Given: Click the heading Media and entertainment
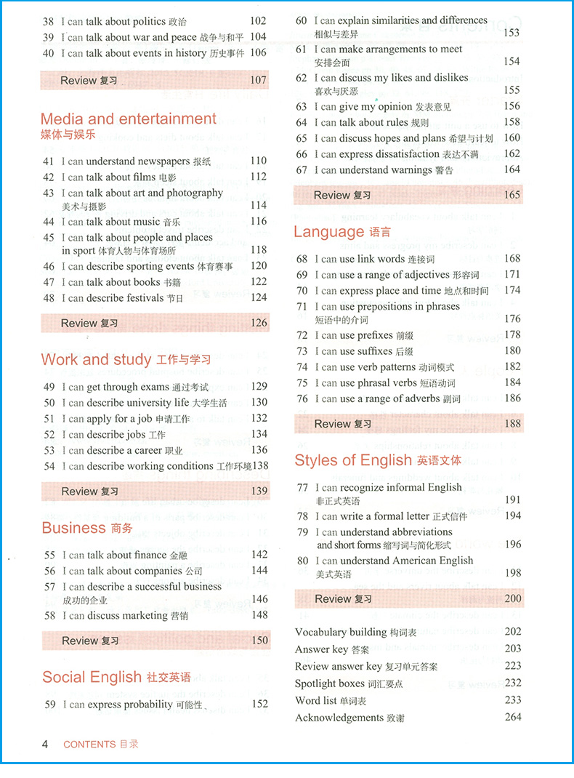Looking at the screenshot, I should [x=129, y=119].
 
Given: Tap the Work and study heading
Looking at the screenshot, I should [x=96, y=360].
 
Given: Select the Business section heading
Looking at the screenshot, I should [x=73, y=529].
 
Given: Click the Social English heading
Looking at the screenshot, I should [x=92, y=678].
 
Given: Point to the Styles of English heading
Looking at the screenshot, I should [x=353, y=460].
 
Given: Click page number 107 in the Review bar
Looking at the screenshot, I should [x=258, y=81].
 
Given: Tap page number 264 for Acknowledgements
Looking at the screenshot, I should [x=513, y=718].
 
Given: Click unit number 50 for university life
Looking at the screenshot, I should [x=49, y=403].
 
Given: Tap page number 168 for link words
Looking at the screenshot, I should [x=512, y=259].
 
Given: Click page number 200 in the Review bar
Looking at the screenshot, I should [x=512, y=598].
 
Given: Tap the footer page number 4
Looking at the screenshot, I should [x=45, y=744].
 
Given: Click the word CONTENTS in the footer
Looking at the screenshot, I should [x=89, y=745].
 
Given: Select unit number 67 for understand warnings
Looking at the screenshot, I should [x=302, y=170].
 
